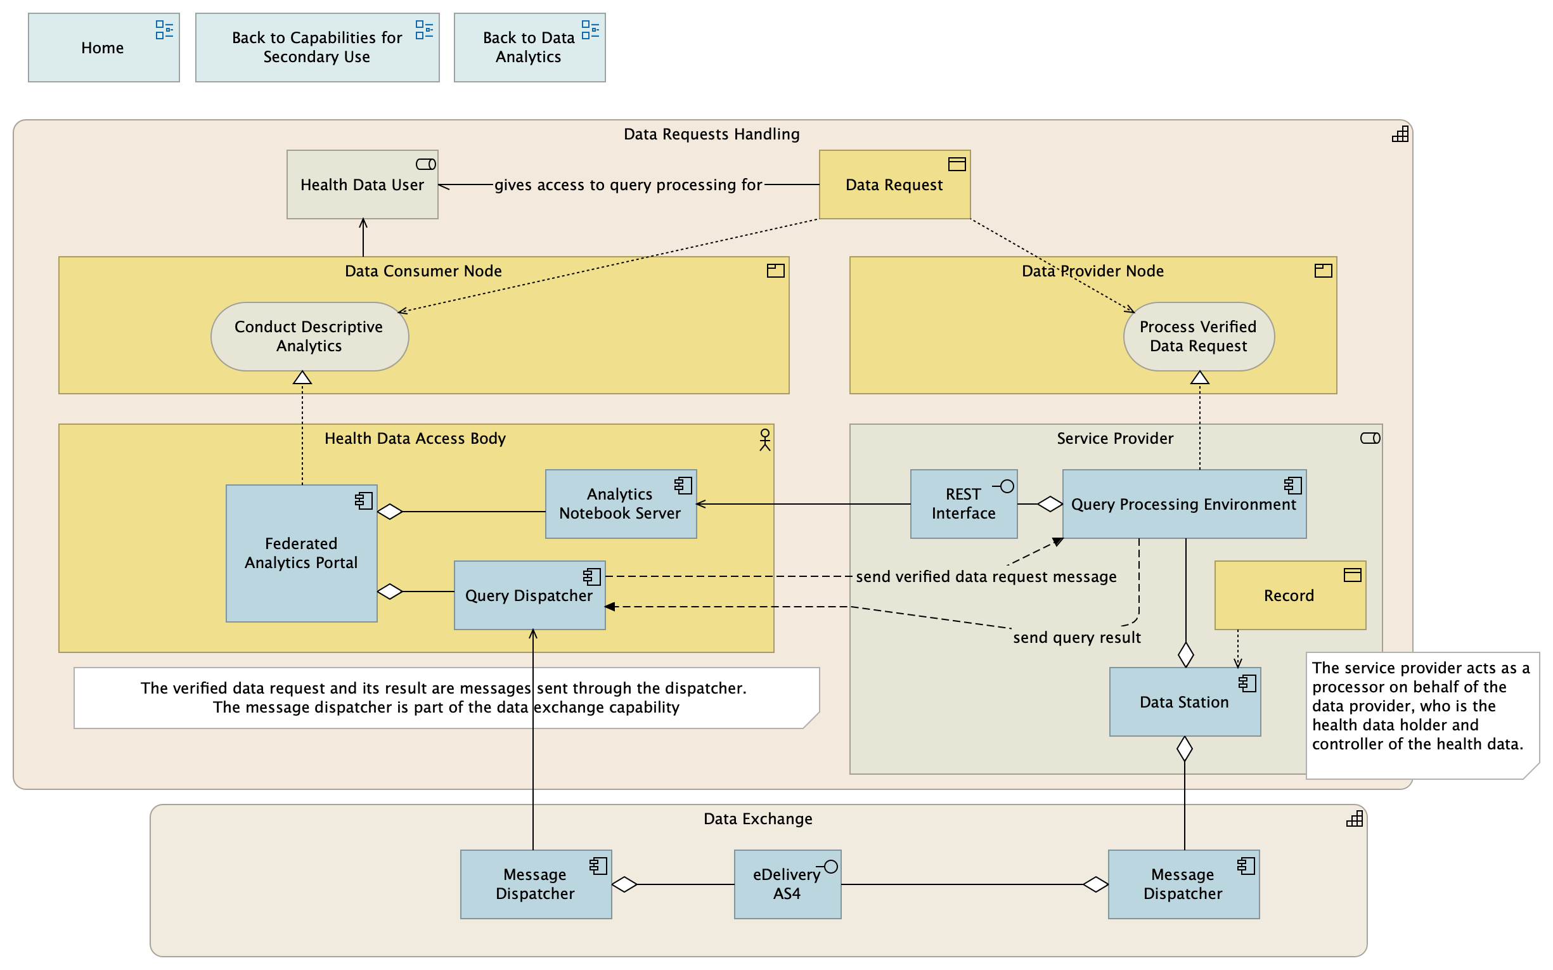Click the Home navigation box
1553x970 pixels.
point(103,48)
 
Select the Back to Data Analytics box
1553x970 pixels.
point(529,48)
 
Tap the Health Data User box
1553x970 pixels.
point(362,184)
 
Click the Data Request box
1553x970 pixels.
point(894,184)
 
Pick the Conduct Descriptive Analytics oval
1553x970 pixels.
point(309,336)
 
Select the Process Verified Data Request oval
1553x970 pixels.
point(1198,336)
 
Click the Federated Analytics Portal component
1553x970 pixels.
point(301,553)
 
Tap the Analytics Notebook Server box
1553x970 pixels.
point(621,503)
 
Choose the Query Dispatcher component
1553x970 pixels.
point(529,595)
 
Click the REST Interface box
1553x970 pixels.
point(963,503)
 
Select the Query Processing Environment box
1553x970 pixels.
point(1183,504)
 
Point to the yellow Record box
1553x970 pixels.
point(1289,595)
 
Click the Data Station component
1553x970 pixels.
point(1184,702)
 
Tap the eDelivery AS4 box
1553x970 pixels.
point(787,884)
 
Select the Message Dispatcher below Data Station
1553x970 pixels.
point(1183,884)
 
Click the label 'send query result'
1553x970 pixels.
point(1076,638)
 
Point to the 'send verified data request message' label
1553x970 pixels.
point(986,577)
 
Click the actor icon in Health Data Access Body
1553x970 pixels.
point(764,440)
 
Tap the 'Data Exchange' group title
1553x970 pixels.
point(757,818)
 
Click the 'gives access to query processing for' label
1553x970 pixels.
point(628,184)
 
